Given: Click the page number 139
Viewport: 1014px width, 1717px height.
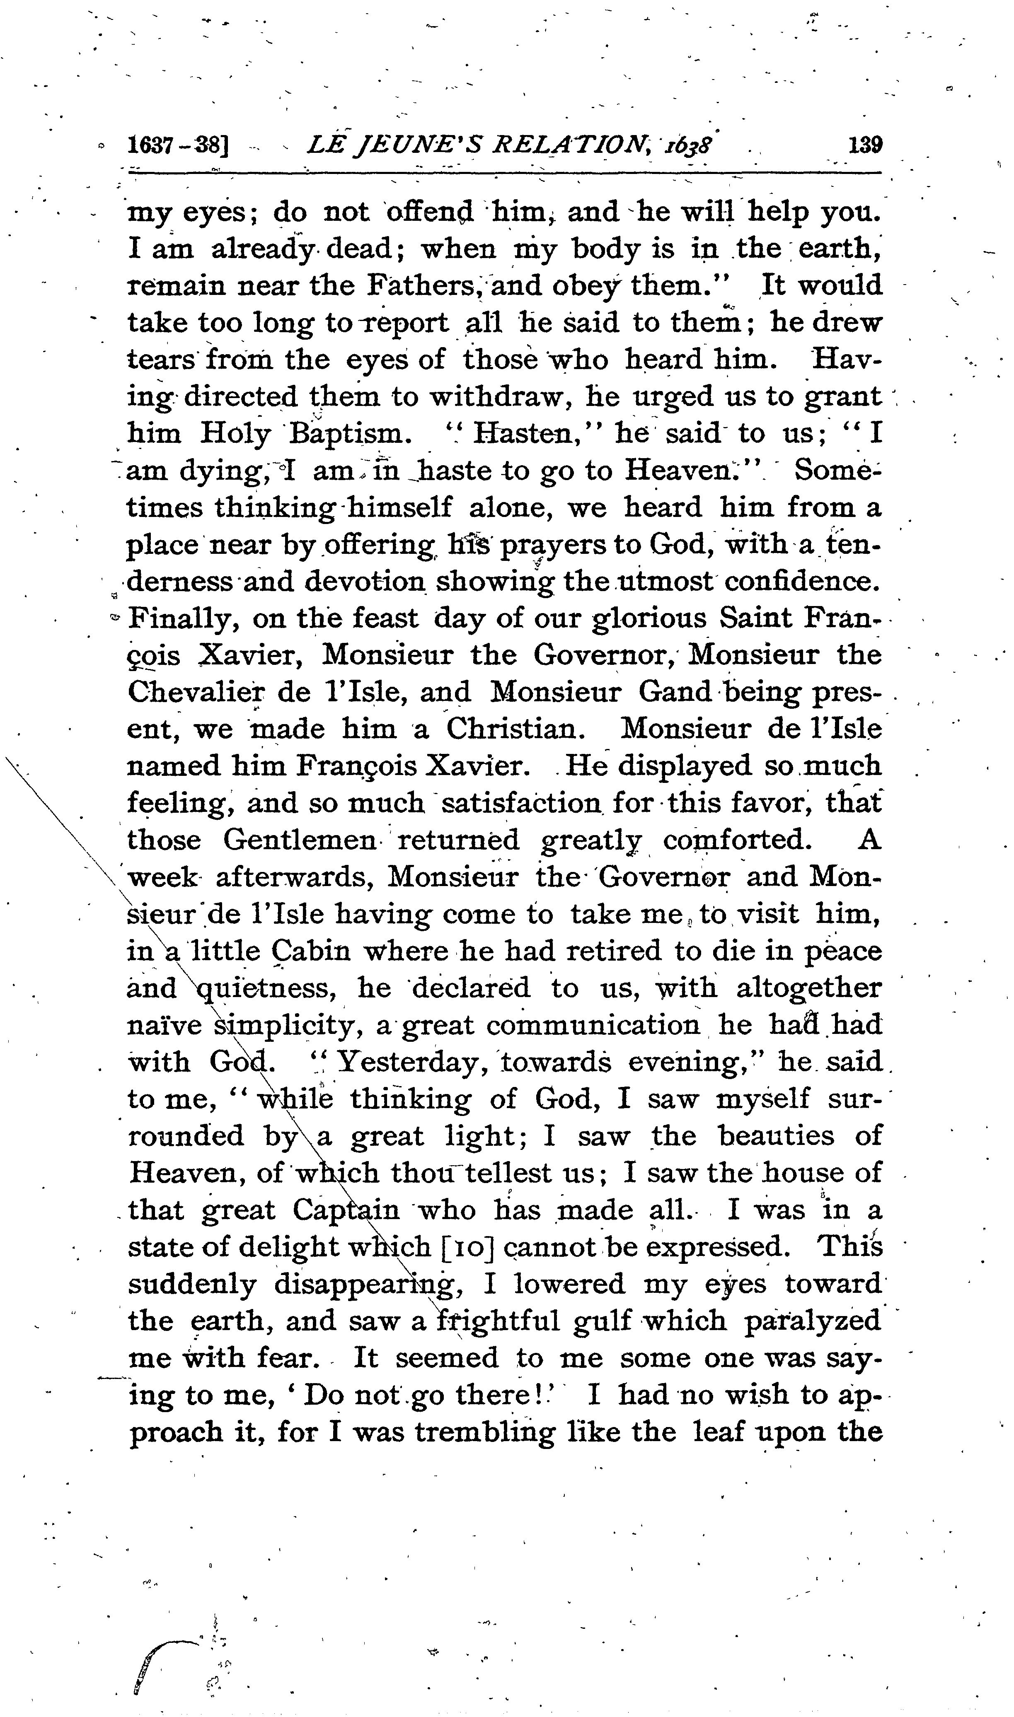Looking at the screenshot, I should pos(865,145).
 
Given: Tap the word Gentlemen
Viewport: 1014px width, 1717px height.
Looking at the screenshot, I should pos(299,840).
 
